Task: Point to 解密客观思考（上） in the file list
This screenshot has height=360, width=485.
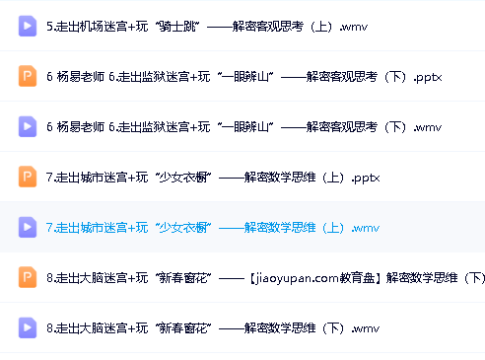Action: (283, 27)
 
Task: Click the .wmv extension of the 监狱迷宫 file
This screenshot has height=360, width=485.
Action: (430, 127)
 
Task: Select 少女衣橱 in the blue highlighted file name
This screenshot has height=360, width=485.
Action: (184, 228)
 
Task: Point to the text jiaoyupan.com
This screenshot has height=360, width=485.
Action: (296, 278)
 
